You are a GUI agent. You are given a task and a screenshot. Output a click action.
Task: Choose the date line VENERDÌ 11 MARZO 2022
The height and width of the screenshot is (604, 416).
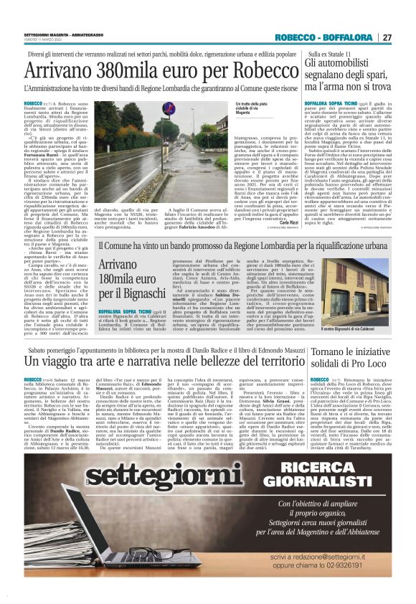coord(44,41)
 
